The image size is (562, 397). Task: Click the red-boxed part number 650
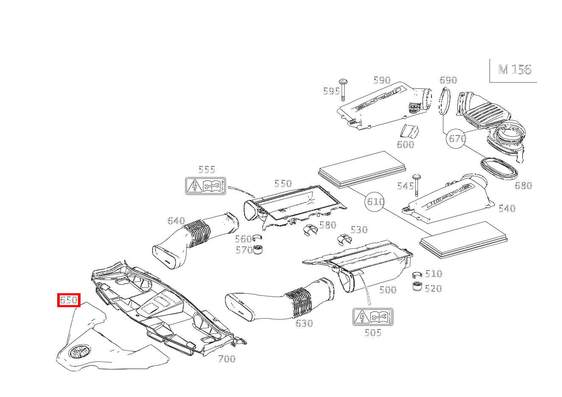pos(69,300)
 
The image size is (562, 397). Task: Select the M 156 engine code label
pos(515,70)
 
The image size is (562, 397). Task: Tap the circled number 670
pos(457,139)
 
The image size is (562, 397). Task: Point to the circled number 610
pos(376,202)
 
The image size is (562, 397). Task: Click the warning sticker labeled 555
pos(206,186)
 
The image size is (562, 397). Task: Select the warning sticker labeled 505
pos(373,317)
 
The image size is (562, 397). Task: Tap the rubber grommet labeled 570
pos(257,250)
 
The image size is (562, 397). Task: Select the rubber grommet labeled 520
pos(417,287)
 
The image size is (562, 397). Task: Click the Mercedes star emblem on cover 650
pos(80,351)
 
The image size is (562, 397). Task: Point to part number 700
pos(226,359)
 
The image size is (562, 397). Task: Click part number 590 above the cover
pos(381,81)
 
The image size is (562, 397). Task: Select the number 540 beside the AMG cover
pos(506,208)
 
